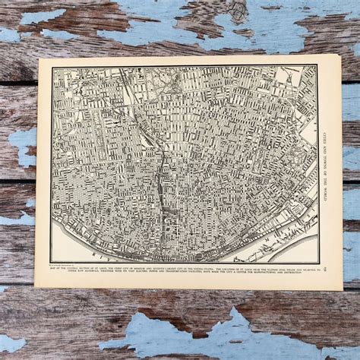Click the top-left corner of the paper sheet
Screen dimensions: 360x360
37,58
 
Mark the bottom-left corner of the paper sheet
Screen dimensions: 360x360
35,286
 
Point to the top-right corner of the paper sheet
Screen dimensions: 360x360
340,55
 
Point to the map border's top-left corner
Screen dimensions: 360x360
51,67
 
